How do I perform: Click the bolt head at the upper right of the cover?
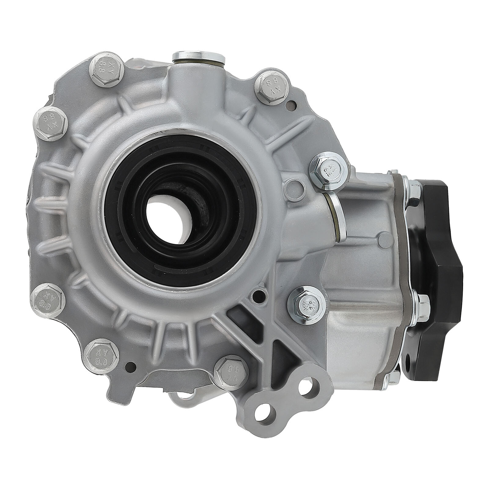point(271,87)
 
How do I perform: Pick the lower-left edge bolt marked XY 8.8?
point(48,298)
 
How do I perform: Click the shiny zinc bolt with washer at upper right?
point(327,171)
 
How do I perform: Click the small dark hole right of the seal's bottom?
point(259,295)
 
